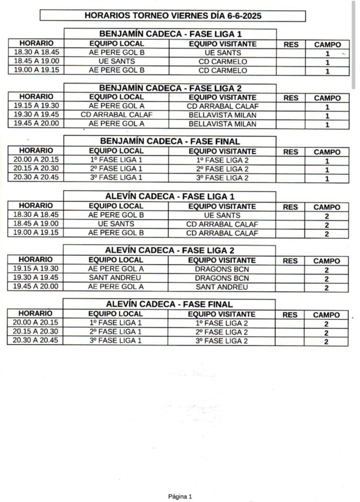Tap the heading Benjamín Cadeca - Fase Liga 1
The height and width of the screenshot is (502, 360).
(x=170, y=34)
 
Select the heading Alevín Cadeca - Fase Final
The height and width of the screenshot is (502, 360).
(x=169, y=304)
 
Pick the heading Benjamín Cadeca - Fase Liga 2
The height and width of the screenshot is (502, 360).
(x=170, y=88)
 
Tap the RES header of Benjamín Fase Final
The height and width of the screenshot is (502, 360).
(x=291, y=152)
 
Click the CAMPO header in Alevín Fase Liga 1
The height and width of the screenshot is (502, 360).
(x=327, y=207)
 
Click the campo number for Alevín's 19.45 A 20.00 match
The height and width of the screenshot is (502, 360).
(x=327, y=288)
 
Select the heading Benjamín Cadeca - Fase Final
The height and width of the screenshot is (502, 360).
(x=170, y=142)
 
